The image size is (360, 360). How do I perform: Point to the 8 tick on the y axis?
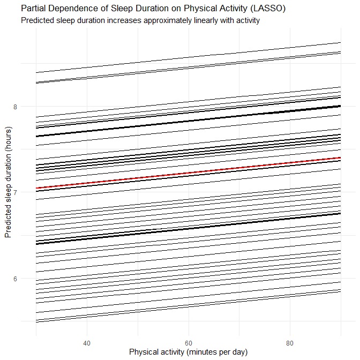(x=15, y=107)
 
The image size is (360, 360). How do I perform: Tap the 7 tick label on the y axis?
(x=15, y=192)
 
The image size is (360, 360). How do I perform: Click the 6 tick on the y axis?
(x=15, y=279)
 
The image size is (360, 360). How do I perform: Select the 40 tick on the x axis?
(x=86, y=342)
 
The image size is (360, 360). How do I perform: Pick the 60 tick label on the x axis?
(x=188, y=342)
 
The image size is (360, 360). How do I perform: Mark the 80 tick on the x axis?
(x=290, y=342)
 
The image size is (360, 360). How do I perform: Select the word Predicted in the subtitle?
(x=37, y=21)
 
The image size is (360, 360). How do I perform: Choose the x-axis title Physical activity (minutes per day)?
(x=188, y=352)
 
